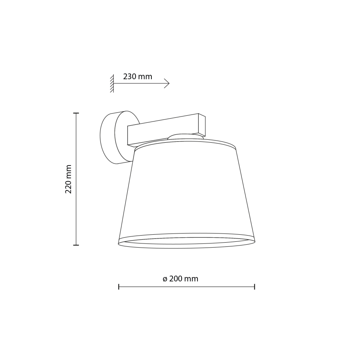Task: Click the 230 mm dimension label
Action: [x=138, y=77]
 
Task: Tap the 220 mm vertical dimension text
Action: [x=69, y=179]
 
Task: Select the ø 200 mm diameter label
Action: [x=180, y=279]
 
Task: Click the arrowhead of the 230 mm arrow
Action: [x=168, y=84]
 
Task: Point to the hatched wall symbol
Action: [x=112, y=84]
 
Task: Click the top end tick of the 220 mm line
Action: [x=76, y=113]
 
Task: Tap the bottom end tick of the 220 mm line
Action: [x=76, y=245]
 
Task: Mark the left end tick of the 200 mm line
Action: [x=119, y=286]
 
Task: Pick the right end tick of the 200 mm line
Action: [x=254, y=286]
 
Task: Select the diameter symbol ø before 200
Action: [x=165, y=279]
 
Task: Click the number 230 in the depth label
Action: [x=130, y=77]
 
